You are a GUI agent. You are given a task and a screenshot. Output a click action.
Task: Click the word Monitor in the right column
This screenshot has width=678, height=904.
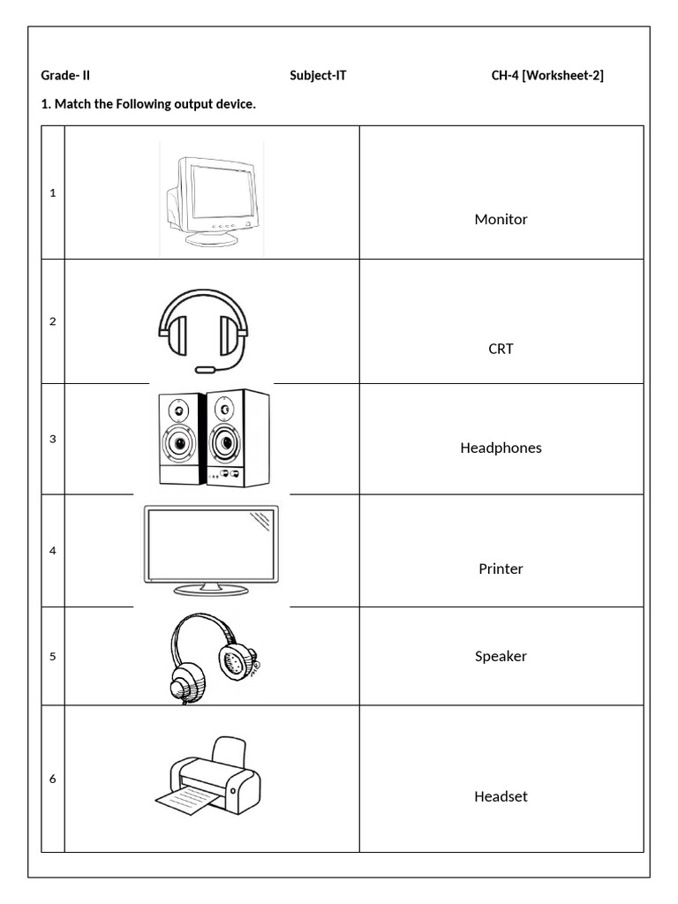(501, 219)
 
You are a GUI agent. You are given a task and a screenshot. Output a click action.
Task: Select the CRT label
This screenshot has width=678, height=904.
(501, 349)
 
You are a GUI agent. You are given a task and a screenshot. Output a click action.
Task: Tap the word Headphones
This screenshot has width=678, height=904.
(501, 448)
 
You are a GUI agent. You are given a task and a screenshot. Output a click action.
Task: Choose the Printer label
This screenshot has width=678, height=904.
(501, 569)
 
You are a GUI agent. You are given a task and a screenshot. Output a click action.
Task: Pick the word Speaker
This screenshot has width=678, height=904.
(501, 656)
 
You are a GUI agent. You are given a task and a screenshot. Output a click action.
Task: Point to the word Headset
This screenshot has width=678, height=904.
(501, 796)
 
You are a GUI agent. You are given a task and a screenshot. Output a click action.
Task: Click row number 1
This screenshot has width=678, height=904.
(53, 192)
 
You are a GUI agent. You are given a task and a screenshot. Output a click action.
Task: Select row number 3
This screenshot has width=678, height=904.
(53, 439)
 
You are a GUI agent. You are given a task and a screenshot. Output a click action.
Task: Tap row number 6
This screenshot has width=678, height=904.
(53, 779)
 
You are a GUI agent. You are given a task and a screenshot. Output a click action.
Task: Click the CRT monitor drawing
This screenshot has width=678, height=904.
(212, 200)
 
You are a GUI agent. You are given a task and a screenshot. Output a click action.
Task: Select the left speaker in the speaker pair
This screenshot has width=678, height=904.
(180, 438)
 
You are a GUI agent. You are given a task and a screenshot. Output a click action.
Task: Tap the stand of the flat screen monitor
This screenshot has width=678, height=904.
(211, 588)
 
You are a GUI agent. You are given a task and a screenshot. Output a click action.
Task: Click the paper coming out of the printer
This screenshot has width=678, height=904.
(187, 801)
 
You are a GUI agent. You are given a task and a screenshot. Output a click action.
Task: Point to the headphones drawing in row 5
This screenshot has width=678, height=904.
(212, 657)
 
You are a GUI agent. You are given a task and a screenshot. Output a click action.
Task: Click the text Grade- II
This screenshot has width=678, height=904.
(65, 76)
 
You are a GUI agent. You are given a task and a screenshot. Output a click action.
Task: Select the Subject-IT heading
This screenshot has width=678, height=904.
(318, 76)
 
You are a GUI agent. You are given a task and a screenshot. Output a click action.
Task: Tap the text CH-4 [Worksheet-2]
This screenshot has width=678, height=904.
(547, 76)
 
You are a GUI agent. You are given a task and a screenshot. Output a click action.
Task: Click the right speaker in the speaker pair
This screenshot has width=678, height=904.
(237, 438)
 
